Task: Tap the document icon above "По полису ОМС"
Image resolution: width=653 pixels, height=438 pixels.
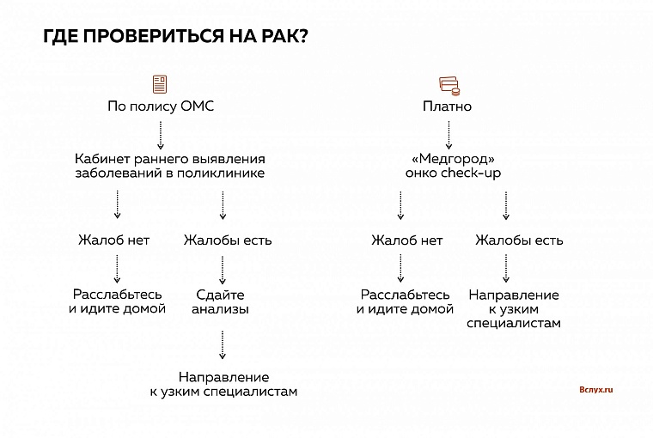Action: pyautogui.click(x=160, y=84)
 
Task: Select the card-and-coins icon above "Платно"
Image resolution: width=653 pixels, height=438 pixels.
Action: pyautogui.click(x=447, y=84)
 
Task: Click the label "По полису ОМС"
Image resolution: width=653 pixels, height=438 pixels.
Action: pyautogui.click(x=160, y=107)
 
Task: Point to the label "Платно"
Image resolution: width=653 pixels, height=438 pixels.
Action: pyautogui.click(x=447, y=107)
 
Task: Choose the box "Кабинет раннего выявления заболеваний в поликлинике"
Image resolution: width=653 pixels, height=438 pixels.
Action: pyautogui.click(x=169, y=166)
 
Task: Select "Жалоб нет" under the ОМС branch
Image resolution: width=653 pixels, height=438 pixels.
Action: pyautogui.click(x=113, y=240)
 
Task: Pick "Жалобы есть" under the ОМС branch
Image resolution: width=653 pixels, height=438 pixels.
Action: pyautogui.click(x=228, y=240)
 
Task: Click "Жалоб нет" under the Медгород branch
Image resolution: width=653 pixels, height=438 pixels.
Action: pyautogui.click(x=407, y=240)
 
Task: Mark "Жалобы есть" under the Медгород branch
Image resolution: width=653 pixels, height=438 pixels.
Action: pyautogui.click(x=519, y=240)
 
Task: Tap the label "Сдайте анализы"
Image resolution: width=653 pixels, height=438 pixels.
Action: pyautogui.click(x=221, y=301)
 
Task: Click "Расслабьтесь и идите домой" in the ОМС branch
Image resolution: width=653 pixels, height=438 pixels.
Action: pyautogui.click(x=117, y=301)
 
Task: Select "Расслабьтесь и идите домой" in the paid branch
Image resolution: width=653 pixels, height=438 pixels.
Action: pyautogui.click(x=405, y=301)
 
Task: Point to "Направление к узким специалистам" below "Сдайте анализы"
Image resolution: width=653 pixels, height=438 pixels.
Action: pyautogui.click(x=223, y=384)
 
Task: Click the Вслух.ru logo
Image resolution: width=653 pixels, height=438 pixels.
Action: pyautogui.click(x=595, y=389)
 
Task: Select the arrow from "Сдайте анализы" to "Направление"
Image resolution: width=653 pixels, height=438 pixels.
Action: pyautogui.click(x=223, y=344)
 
